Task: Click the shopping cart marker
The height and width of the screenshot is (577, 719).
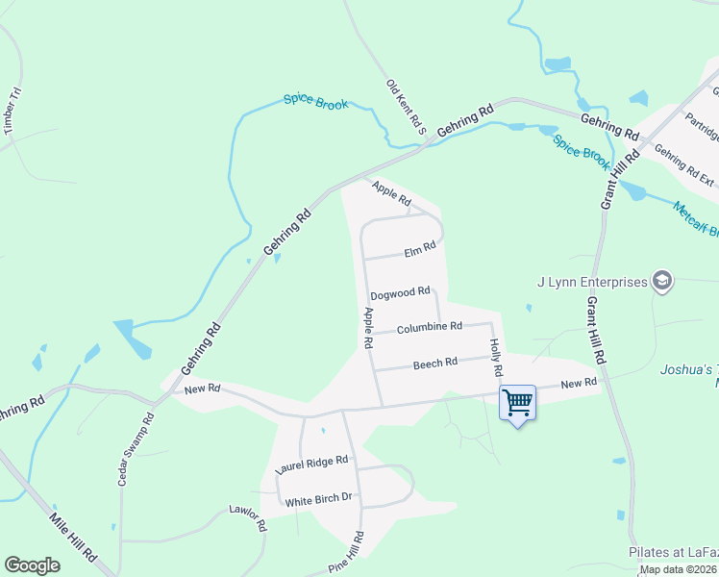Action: pyautogui.click(x=517, y=403)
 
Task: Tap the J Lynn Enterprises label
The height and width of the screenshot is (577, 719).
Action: pyautogui.click(x=591, y=282)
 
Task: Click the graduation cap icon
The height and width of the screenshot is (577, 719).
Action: pyautogui.click(x=661, y=281)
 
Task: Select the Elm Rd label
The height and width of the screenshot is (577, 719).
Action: pyautogui.click(x=420, y=247)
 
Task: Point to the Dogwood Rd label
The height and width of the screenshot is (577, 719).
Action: pyautogui.click(x=399, y=295)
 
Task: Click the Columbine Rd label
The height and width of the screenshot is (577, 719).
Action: pyautogui.click(x=429, y=327)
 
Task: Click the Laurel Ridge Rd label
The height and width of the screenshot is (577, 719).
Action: pyautogui.click(x=310, y=465)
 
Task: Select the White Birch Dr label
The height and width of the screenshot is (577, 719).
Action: pyautogui.click(x=319, y=498)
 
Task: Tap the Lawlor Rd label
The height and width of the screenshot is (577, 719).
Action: pyautogui.click(x=248, y=517)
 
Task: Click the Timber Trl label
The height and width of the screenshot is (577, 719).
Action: pyautogui.click(x=12, y=110)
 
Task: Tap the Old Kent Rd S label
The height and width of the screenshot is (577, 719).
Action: pyautogui.click(x=406, y=107)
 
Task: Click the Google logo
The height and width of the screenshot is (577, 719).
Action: pyautogui.click(x=32, y=565)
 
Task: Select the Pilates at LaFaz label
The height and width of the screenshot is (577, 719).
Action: pyautogui.click(x=673, y=553)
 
